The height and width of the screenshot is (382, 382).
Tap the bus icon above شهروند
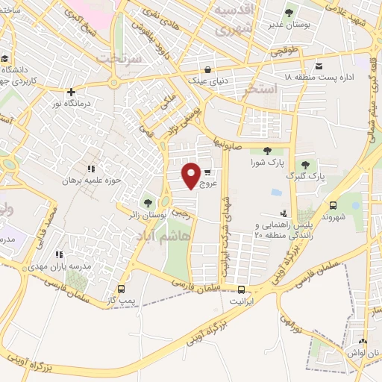(x=333, y=205)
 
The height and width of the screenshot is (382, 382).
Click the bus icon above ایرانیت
(x=240, y=290)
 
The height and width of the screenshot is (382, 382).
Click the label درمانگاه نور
(x=71, y=105)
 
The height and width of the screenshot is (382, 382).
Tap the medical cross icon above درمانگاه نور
(x=71, y=93)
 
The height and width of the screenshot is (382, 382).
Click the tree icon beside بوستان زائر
(x=147, y=202)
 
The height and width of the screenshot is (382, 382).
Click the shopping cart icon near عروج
(x=207, y=171)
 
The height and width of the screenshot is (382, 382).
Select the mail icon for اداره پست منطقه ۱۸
(x=319, y=65)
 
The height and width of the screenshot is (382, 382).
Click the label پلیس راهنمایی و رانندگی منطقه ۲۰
(x=281, y=229)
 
